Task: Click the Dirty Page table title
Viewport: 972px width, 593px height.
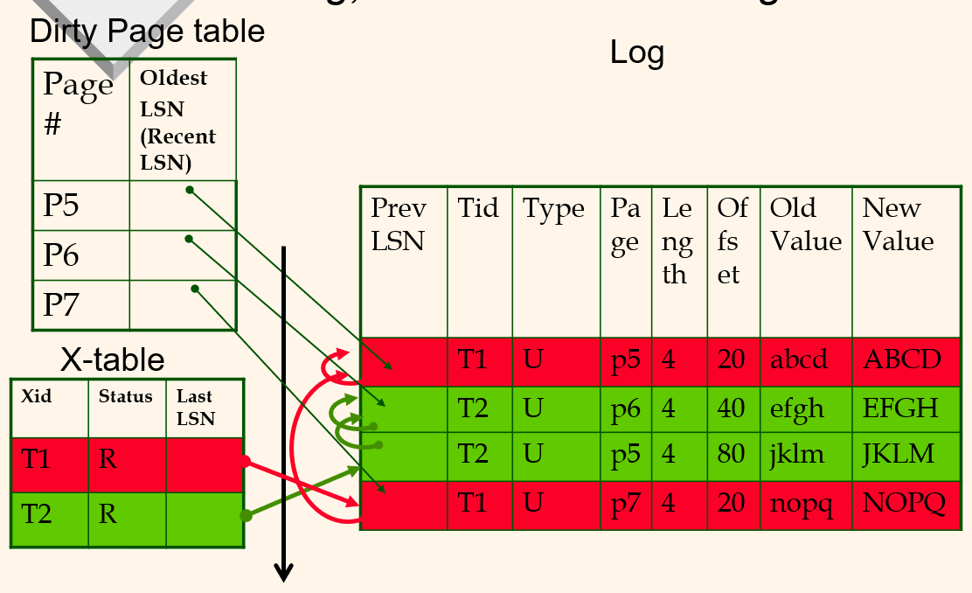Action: [x=147, y=31]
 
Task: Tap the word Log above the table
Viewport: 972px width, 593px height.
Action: [x=637, y=53]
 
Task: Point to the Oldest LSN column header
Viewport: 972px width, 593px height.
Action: [x=178, y=120]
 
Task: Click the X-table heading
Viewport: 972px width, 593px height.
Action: [x=112, y=359]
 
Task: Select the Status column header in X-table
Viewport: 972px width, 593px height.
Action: [x=125, y=396]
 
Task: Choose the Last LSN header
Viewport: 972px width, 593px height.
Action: [x=195, y=408]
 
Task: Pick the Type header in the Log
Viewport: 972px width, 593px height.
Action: [x=553, y=209]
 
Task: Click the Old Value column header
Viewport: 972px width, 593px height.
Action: [x=805, y=224]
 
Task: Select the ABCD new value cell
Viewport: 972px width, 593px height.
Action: [x=902, y=359]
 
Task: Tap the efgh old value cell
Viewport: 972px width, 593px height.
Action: [x=797, y=408]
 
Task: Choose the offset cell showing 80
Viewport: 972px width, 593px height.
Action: [x=731, y=454]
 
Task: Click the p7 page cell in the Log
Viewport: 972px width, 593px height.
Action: [x=625, y=504]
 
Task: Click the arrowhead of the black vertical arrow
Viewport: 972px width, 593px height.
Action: [x=283, y=573]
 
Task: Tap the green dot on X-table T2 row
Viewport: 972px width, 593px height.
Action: [x=246, y=516]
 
